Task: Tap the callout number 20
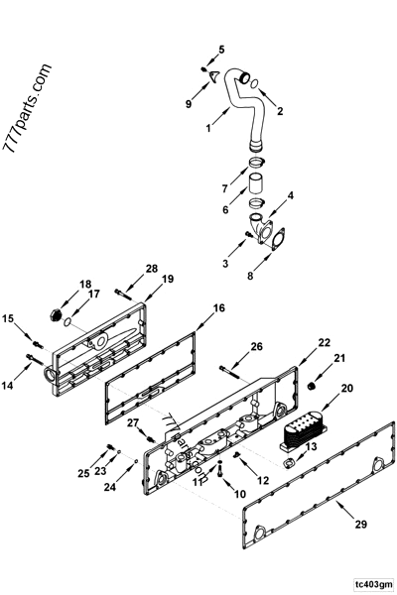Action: coord(346,391)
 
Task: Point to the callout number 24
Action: coord(108,487)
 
